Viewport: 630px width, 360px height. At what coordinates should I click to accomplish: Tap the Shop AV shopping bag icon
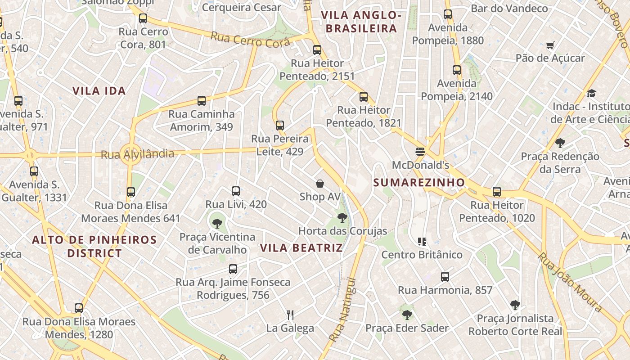coord(320,183)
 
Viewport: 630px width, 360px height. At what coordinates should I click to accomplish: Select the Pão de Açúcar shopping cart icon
coord(550,45)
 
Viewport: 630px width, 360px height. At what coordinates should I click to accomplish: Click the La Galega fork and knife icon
coord(290,315)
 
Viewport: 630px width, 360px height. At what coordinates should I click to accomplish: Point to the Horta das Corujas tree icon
coord(342,218)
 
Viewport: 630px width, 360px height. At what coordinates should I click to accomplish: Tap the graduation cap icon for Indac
coord(591,93)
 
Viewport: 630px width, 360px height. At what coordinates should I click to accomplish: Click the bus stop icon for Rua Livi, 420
coord(236,191)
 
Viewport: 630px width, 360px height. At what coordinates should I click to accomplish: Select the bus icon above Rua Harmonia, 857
coord(445,276)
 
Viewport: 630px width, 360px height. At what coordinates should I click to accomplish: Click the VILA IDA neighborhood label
coord(99,90)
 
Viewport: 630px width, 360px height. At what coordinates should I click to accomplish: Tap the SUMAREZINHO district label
coord(419,182)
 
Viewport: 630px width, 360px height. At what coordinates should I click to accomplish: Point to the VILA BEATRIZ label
coord(301,247)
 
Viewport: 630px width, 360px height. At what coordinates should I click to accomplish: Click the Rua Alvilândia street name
coord(137,154)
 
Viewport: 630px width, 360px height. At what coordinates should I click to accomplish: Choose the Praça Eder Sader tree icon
coord(407,315)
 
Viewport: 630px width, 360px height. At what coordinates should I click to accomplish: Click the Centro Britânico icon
coord(422,242)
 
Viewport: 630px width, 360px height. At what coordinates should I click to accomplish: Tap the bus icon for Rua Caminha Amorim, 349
coord(202,101)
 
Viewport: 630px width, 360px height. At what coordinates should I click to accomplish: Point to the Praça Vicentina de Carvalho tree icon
coord(217,223)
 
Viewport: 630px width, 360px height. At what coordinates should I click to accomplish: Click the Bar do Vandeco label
coord(509,8)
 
